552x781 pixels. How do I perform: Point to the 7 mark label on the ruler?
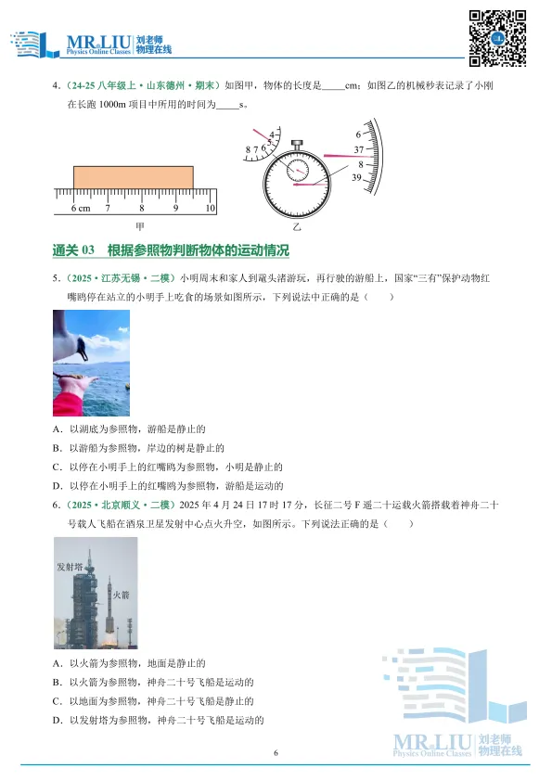(x=108, y=209)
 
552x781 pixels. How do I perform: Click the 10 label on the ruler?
(x=211, y=209)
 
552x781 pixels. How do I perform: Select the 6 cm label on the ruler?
(x=80, y=209)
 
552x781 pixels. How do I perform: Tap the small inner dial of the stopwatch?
(x=298, y=170)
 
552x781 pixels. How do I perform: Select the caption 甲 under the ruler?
(x=140, y=225)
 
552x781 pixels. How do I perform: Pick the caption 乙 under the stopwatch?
(x=297, y=225)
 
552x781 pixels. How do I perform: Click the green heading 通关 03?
(x=75, y=250)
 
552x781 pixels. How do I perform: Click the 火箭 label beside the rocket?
(x=122, y=583)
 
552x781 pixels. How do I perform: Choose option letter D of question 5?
(x=58, y=486)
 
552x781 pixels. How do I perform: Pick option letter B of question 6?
(x=58, y=683)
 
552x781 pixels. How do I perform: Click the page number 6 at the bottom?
(x=276, y=753)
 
